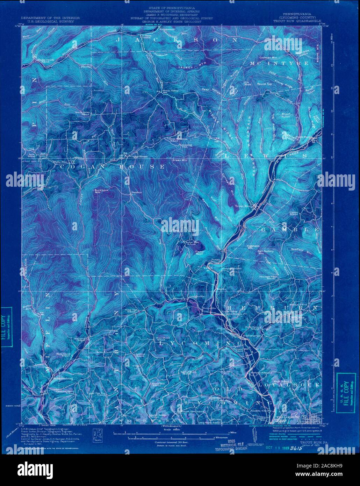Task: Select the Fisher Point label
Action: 200,253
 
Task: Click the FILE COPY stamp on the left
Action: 7,327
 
